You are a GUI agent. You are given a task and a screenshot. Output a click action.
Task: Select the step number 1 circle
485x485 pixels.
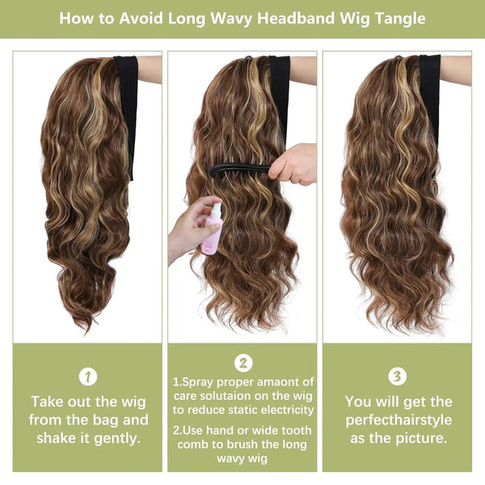tap(89, 376)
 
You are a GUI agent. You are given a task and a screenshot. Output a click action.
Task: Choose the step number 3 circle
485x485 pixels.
tap(398, 376)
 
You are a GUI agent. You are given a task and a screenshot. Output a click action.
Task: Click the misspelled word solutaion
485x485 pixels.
tap(234, 395)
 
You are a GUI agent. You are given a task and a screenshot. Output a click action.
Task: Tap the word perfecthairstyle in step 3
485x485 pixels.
tap(398, 420)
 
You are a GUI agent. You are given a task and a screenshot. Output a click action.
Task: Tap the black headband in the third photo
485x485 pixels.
tap(430, 93)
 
